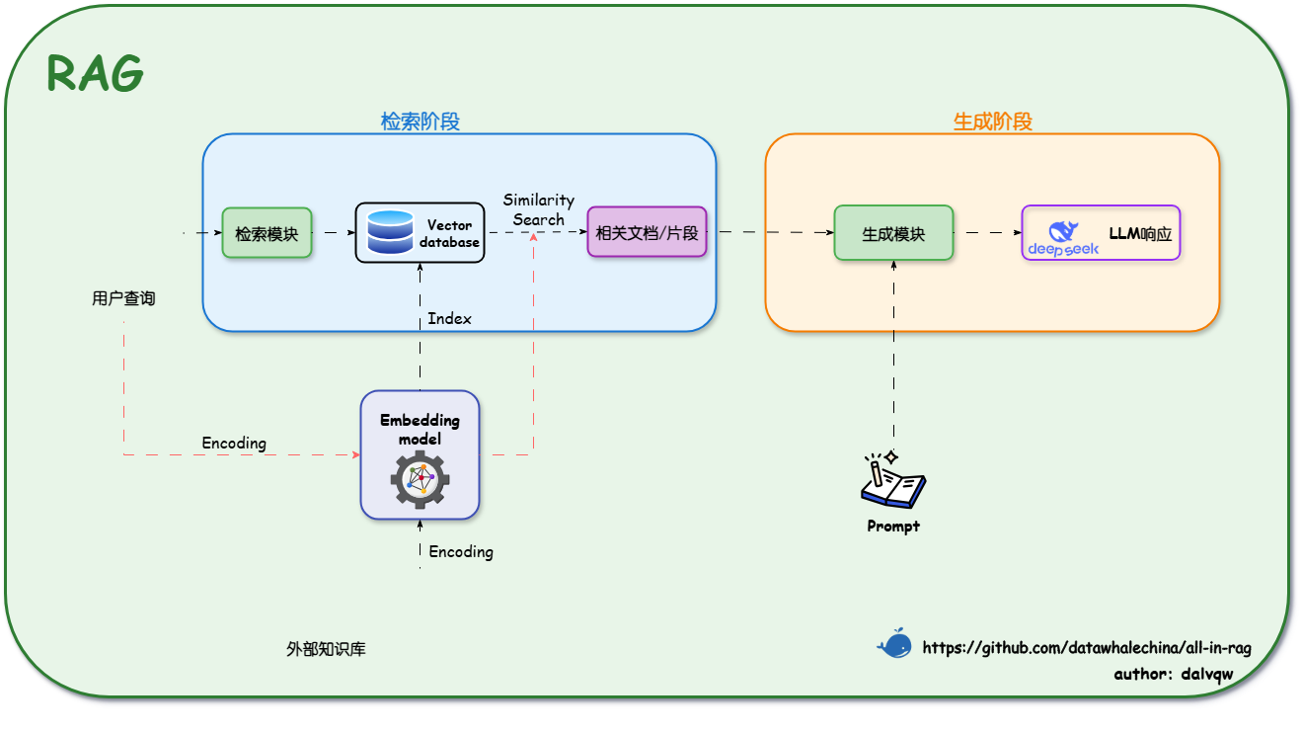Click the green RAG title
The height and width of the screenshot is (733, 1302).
pyautogui.click(x=96, y=73)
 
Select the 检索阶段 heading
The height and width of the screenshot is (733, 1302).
pyautogui.click(x=421, y=122)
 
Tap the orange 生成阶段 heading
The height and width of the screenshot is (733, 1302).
pyautogui.click(x=992, y=122)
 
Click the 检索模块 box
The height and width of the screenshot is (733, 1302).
pyautogui.click(x=267, y=233)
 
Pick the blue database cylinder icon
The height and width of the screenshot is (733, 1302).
pyautogui.click(x=390, y=232)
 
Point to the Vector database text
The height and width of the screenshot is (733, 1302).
pyautogui.click(x=449, y=233)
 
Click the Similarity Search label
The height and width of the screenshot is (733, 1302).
pyautogui.click(x=538, y=209)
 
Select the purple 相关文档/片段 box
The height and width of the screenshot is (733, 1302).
pyautogui.click(x=647, y=233)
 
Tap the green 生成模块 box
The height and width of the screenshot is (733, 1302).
pyautogui.click(x=893, y=233)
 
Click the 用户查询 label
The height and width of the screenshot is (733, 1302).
pyautogui.click(x=123, y=298)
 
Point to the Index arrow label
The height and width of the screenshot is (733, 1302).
pyautogui.click(x=449, y=318)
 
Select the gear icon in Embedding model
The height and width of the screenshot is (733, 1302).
pyautogui.click(x=421, y=478)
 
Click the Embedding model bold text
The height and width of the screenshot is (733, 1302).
pyautogui.click(x=421, y=429)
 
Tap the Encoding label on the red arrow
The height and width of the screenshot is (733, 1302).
pyautogui.click(x=234, y=443)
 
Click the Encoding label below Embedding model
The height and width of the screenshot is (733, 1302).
pyautogui.click(x=461, y=551)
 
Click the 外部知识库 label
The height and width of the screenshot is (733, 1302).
pyautogui.click(x=326, y=649)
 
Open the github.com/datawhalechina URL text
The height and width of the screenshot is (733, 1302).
pyautogui.click(x=1087, y=648)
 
